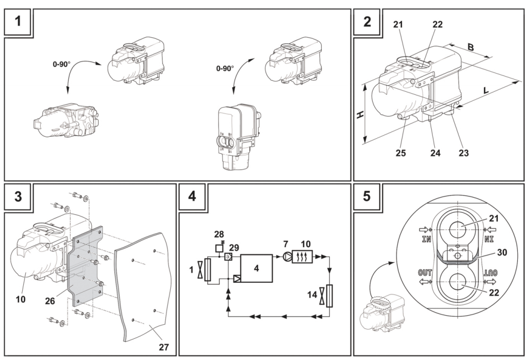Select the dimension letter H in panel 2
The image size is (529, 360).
[360, 114]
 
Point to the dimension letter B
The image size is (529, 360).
[471, 47]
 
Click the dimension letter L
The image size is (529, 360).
[486, 90]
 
